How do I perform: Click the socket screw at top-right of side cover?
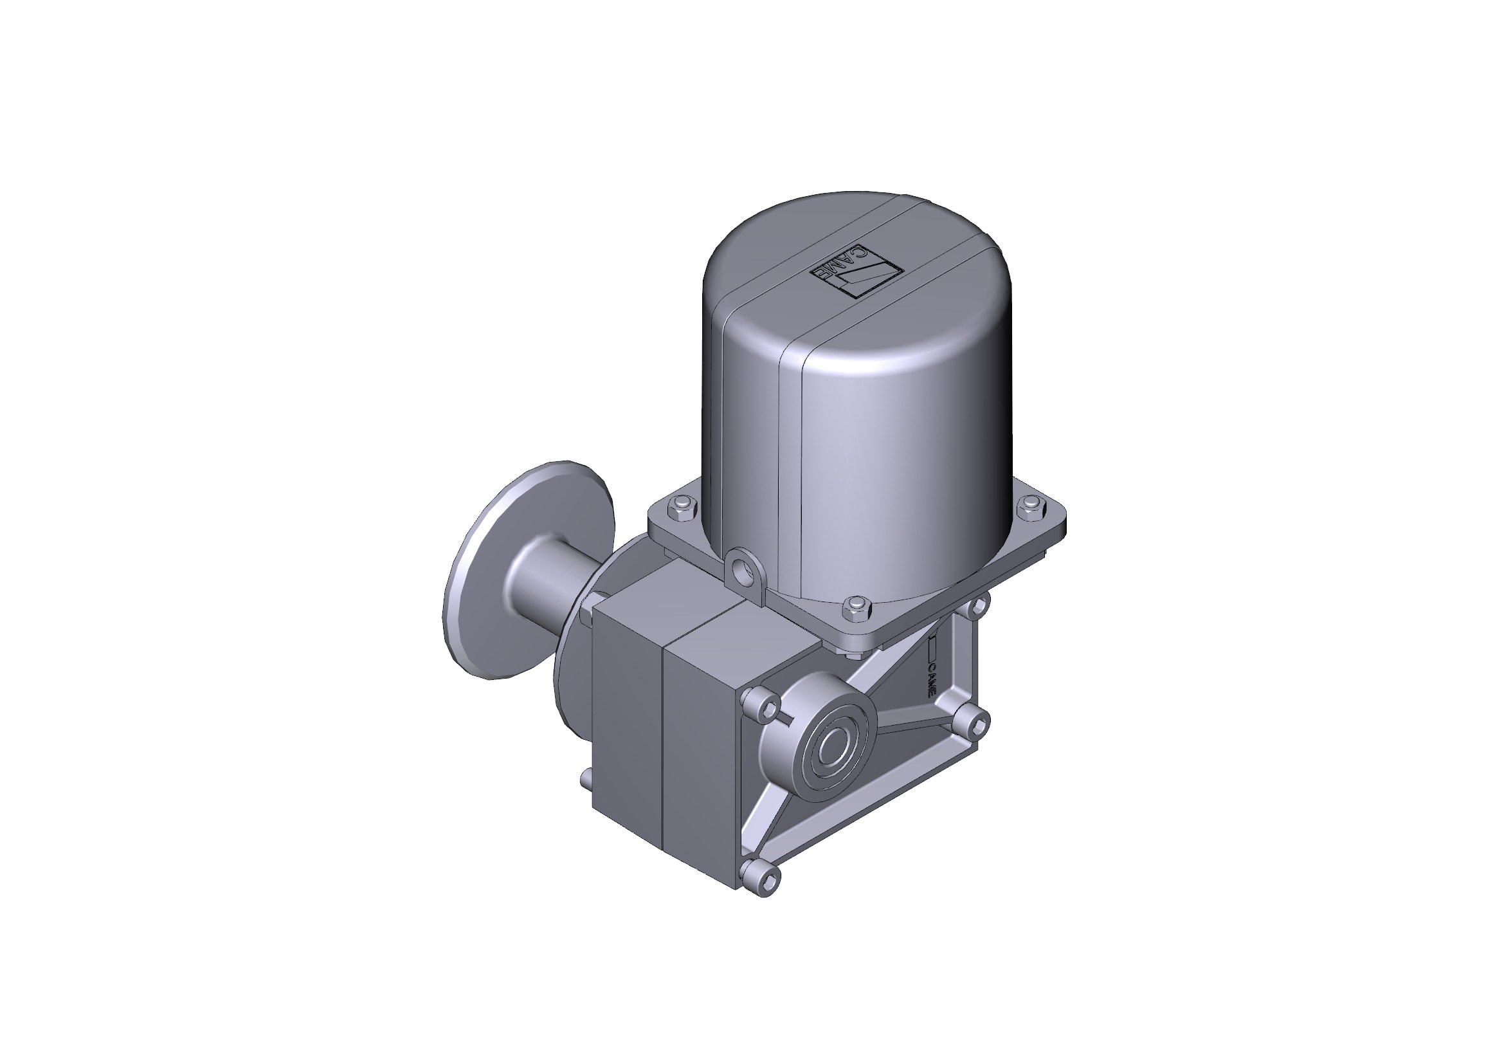975,606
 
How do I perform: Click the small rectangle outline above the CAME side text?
934,648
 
